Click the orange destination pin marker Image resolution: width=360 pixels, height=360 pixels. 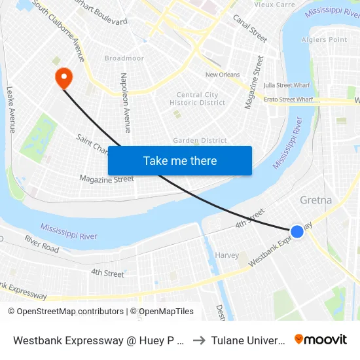(x=63, y=78)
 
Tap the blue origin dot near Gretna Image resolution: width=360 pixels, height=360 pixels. (x=297, y=231)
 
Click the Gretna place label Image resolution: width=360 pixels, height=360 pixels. (x=315, y=200)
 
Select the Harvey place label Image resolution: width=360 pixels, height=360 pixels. (x=227, y=255)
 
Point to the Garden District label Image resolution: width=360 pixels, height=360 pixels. (x=200, y=141)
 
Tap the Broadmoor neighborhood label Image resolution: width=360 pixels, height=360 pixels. (x=124, y=58)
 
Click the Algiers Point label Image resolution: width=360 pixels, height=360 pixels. (x=324, y=40)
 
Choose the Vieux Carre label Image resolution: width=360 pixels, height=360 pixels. (x=256, y=5)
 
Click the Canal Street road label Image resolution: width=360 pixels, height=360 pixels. (x=250, y=28)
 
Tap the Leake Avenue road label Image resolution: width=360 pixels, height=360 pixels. (x=10, y=109)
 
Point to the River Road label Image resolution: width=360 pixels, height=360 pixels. (x=42, y=244)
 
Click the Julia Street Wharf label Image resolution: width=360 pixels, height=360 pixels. (x=286, y=84)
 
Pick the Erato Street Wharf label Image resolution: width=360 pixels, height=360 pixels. (x=287, y=99)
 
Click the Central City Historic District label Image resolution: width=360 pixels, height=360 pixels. (x=198, y=99)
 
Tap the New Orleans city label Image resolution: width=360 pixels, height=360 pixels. (x=223, y=75)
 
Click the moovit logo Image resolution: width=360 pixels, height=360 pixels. (x=320, y=339)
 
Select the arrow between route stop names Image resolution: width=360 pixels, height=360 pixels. (x=199, y=340)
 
